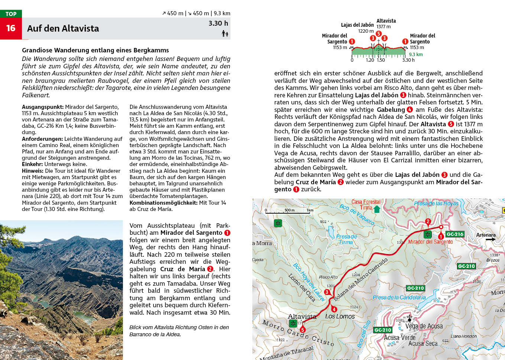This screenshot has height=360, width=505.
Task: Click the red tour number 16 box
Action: pyautogui.click(x=11, y=28)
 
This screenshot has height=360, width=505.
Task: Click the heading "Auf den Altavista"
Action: pyautogui.click(x=63, y=29)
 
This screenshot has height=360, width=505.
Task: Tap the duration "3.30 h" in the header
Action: pyautogui.click(x=218, y=23)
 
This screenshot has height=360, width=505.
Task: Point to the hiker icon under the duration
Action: pyautogui.click(x=225, y=34)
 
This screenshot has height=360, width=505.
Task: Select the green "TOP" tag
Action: pyautogui.click(x=11, y=14)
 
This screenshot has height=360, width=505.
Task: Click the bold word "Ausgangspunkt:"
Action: pyautogui.click(x=43, y=107)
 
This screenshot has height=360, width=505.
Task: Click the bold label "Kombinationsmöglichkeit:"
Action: pyautogui.click(x=164, y=203)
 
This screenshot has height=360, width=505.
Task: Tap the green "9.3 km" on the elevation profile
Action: pyautogui.click(x=416, y=55)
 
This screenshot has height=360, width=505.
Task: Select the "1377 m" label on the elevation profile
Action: pyautogui.click(x=383, y=27)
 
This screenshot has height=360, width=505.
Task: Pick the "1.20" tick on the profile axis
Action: pyautogui.click(x=370, y=60)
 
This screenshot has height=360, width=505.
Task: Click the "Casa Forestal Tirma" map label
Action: pyautogui.click(x=366, y=205)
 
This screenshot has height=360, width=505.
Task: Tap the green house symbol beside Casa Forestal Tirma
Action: pyautogui.click(x=377, y=209)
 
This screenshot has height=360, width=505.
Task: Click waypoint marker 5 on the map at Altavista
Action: pyautogui.click(x=302, y=330)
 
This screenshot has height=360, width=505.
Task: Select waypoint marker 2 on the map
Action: pyautogui.click(x=428, y=221)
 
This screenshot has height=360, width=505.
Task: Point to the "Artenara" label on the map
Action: pyautogui.click(x=486, y=235)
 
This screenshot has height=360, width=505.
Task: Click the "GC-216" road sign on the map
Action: pyautogui.click(x=455, y=234)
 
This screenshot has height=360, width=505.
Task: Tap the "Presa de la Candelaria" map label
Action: pyautogui.click(x=399, y=298)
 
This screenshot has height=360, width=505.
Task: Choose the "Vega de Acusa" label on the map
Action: pyautogui.click(x=424, y=326)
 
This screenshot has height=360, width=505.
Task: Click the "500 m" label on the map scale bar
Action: pyautogui.click(x=289, y=210)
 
